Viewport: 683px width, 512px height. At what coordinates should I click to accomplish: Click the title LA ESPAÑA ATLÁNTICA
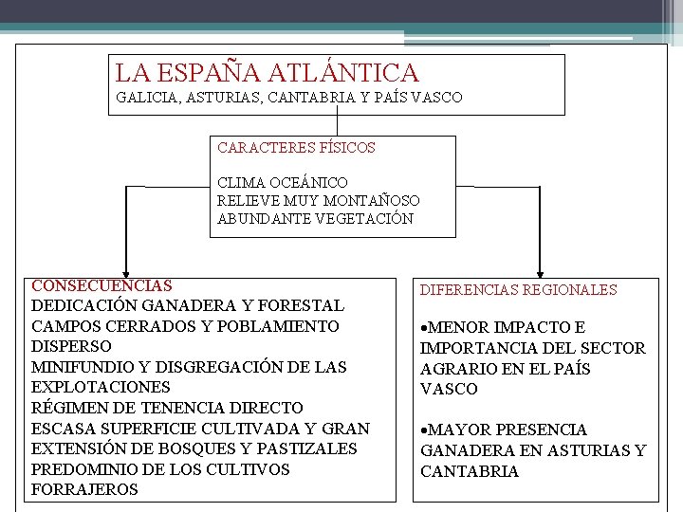[267, 73]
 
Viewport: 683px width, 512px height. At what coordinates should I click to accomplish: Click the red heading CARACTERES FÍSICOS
[296, 148]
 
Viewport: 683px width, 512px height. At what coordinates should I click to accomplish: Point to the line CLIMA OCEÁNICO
[283, 182]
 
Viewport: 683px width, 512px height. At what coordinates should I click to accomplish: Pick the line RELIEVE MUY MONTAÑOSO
[319, 200]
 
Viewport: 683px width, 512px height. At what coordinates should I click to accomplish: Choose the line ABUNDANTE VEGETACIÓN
[315, 218]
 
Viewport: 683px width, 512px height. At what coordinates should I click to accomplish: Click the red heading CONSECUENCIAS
[102, 285]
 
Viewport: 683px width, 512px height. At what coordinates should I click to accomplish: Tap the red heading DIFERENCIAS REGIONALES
[518, 290]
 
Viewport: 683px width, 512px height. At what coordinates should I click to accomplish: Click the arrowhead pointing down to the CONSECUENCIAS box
[124, 271]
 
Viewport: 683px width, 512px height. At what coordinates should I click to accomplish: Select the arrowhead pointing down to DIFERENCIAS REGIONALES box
[540, 271]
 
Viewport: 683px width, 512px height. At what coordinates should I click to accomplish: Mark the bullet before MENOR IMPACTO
[424, 328]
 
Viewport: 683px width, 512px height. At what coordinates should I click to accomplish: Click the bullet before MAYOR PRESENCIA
[424, 430]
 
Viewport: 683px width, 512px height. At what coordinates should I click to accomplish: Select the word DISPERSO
[71, 347]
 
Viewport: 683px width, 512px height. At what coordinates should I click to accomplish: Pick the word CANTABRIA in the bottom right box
[470, 471]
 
